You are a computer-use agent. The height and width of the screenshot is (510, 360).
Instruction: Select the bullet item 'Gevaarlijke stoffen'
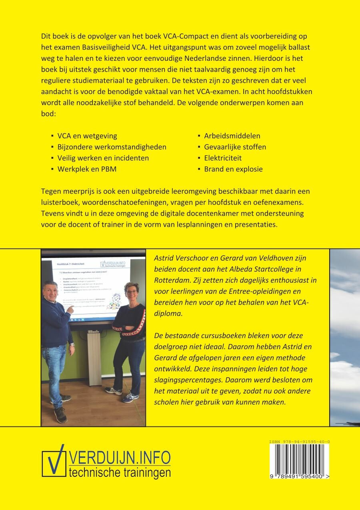coord(235,147)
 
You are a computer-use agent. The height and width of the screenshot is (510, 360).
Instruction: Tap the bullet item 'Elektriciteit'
coord(223,158)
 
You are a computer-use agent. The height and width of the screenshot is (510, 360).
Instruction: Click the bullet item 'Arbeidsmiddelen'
coord(232,136)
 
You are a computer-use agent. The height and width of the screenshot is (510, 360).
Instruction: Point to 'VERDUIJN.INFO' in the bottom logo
coord(120,457)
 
